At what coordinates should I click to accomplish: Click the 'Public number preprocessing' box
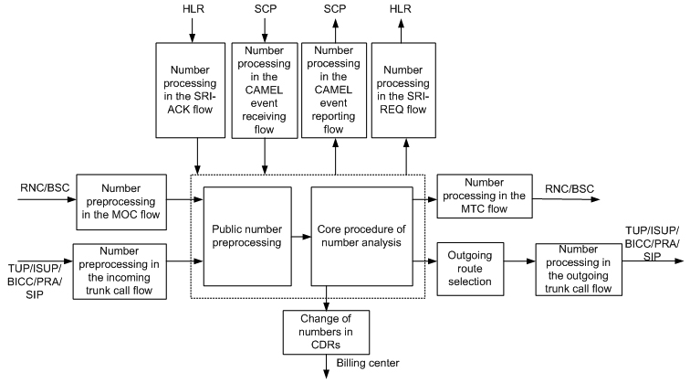247,237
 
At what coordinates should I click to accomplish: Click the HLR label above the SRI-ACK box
192,10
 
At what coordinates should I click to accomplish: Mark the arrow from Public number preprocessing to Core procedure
301,237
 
